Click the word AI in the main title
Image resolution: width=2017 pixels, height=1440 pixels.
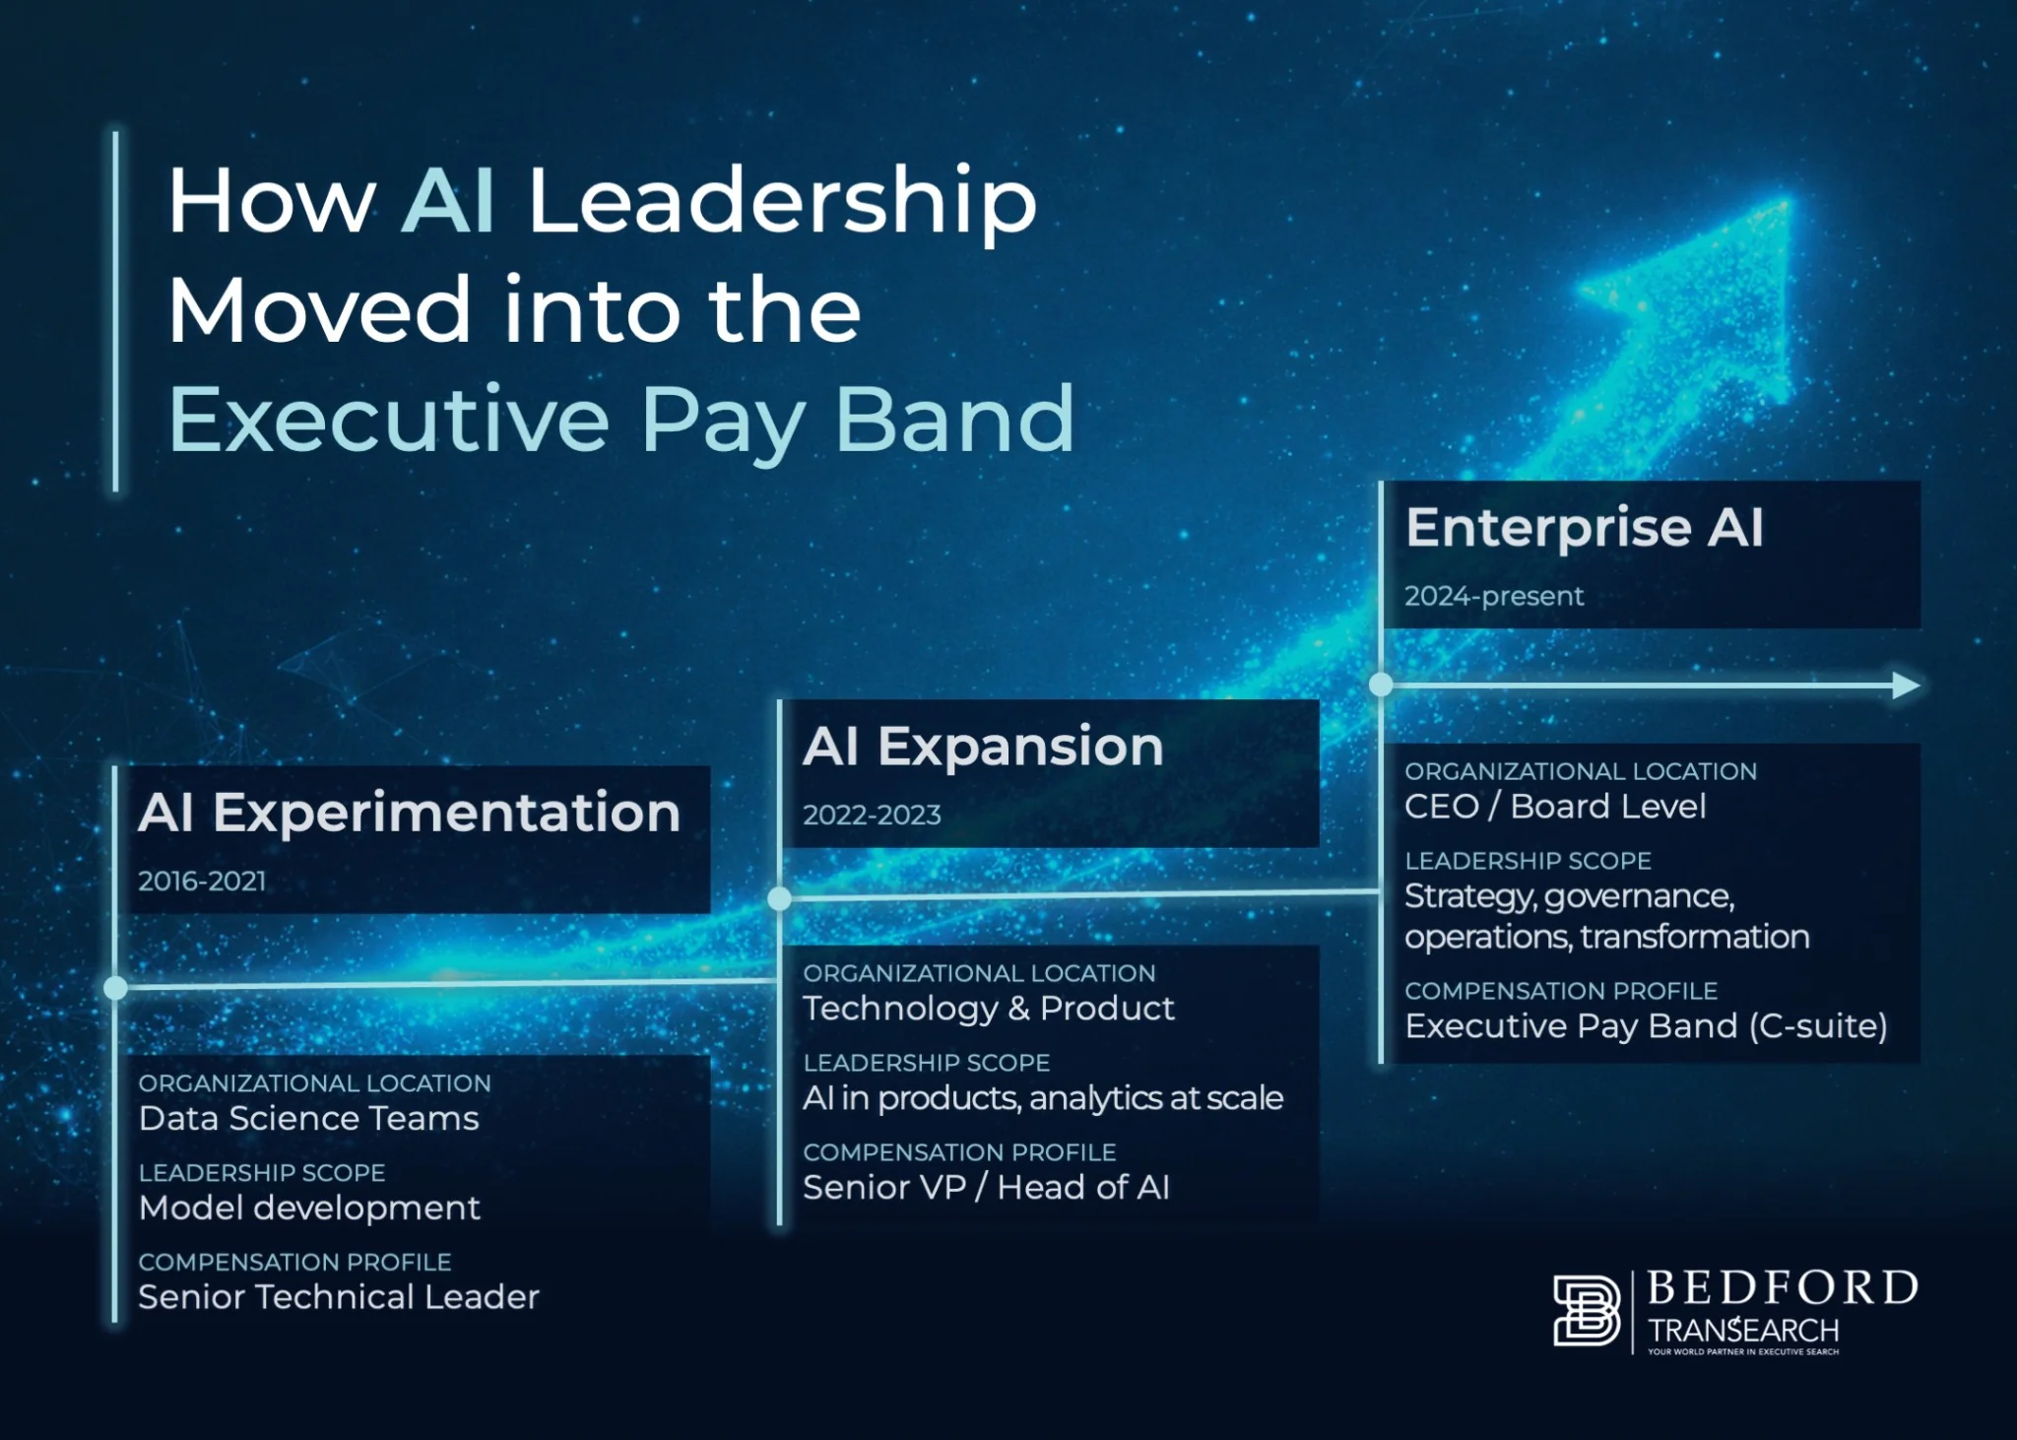(448, 201)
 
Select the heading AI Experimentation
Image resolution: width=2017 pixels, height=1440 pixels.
(410, 813)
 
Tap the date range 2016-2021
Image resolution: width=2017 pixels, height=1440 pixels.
(202, 881)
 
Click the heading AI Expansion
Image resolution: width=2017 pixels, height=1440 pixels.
(983, 746)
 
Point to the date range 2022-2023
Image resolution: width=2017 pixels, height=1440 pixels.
(872, 815)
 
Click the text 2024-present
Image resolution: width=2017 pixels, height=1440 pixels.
(1494, 596)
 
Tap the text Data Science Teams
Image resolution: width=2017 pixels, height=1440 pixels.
(309, 1119)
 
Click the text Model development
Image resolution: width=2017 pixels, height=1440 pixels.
(309, 1209)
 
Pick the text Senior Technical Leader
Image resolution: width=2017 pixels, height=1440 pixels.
(339, 1297)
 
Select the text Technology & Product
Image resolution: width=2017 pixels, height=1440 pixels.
(989, 1009)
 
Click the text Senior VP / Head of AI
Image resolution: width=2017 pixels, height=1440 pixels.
(986, 1188)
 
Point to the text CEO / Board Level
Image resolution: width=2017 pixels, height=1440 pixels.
(1555, 807)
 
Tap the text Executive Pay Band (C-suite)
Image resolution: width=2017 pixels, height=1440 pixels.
(1646, 1026)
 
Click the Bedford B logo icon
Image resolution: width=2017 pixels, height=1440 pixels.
(1587, 1310)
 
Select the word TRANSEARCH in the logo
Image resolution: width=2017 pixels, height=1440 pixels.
(1743, 1331)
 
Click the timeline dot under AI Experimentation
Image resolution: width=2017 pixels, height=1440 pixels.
(115, 988)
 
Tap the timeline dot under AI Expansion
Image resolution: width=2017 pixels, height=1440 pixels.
(779, 898)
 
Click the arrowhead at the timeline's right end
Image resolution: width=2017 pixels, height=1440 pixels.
(1907, 686)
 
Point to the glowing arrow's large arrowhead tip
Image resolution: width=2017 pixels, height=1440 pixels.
(1787, 201)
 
